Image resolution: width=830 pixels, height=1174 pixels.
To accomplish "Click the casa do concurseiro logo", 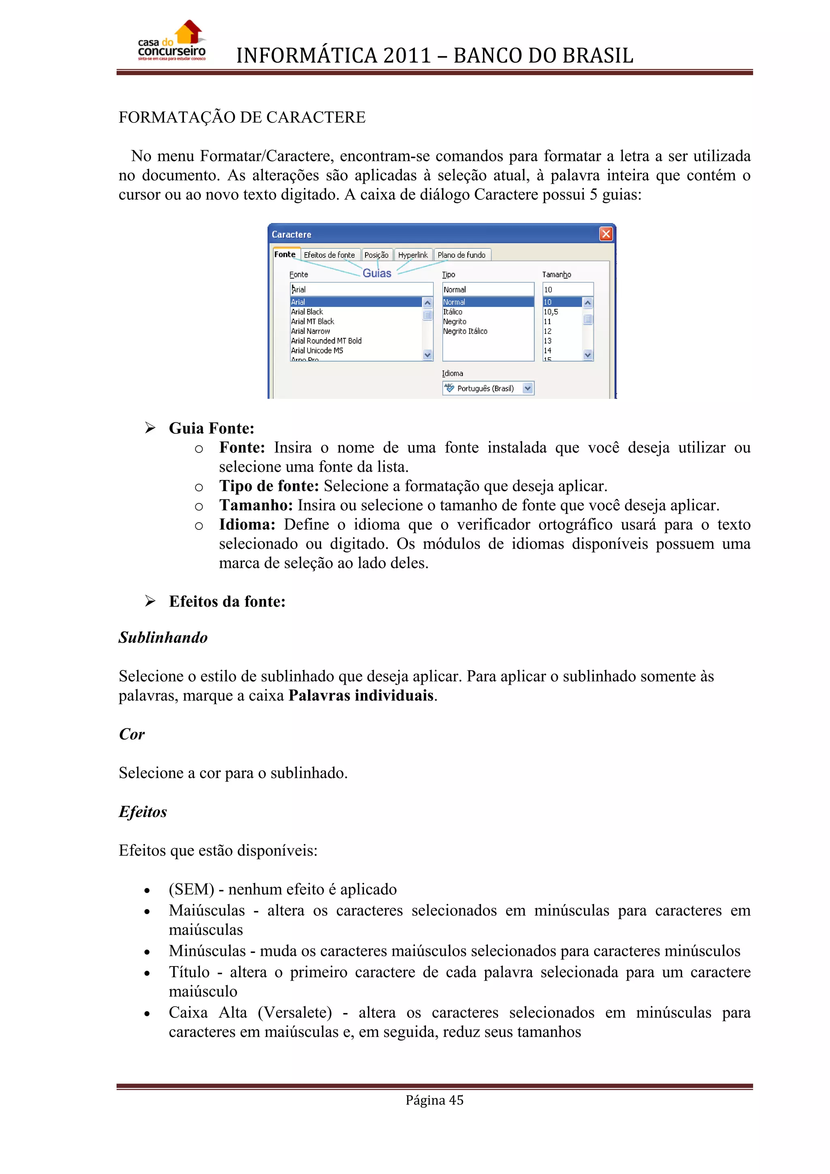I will (x=172, y=41).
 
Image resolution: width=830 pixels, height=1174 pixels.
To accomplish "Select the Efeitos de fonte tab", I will (x=329, y=255).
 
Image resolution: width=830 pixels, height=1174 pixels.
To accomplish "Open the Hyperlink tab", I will (x=413, y=255).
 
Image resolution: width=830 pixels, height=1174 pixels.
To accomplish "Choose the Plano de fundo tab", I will (x=462, y=255).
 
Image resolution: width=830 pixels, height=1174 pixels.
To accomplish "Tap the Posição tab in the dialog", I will (x=376, y=255).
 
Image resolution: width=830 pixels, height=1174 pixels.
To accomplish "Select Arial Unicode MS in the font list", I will (x=317, y=350).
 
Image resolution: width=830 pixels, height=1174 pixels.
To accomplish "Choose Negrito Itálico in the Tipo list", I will (x=465, y=331).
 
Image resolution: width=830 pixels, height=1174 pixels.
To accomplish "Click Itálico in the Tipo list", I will (x=452, y=312).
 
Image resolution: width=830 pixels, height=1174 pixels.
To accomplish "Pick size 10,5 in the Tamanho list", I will (x=550, y=312).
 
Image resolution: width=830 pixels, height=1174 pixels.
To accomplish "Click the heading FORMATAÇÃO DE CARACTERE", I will (x=242, y=117).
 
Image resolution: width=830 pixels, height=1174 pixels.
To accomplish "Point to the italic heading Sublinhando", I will (x=163, y=638).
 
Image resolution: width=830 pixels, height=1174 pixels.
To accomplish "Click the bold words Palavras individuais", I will (x=361, y=695).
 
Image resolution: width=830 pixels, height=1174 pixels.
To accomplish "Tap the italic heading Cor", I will (x=131, y=734).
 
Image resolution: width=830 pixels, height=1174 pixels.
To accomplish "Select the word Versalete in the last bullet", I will (x=295, y=1012).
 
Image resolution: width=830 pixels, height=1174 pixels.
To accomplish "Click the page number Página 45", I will (x=434, y=1100).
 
